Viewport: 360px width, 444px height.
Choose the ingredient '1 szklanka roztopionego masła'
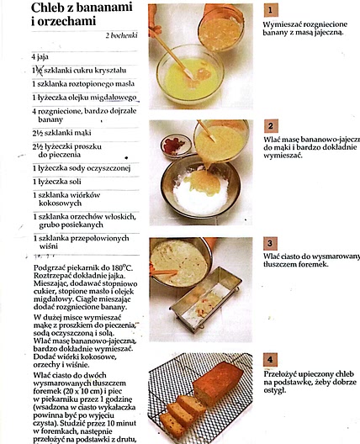tap(79, 84)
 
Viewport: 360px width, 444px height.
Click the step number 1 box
tap(270, 10)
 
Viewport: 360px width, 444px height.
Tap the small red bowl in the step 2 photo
tap(174, 147)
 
